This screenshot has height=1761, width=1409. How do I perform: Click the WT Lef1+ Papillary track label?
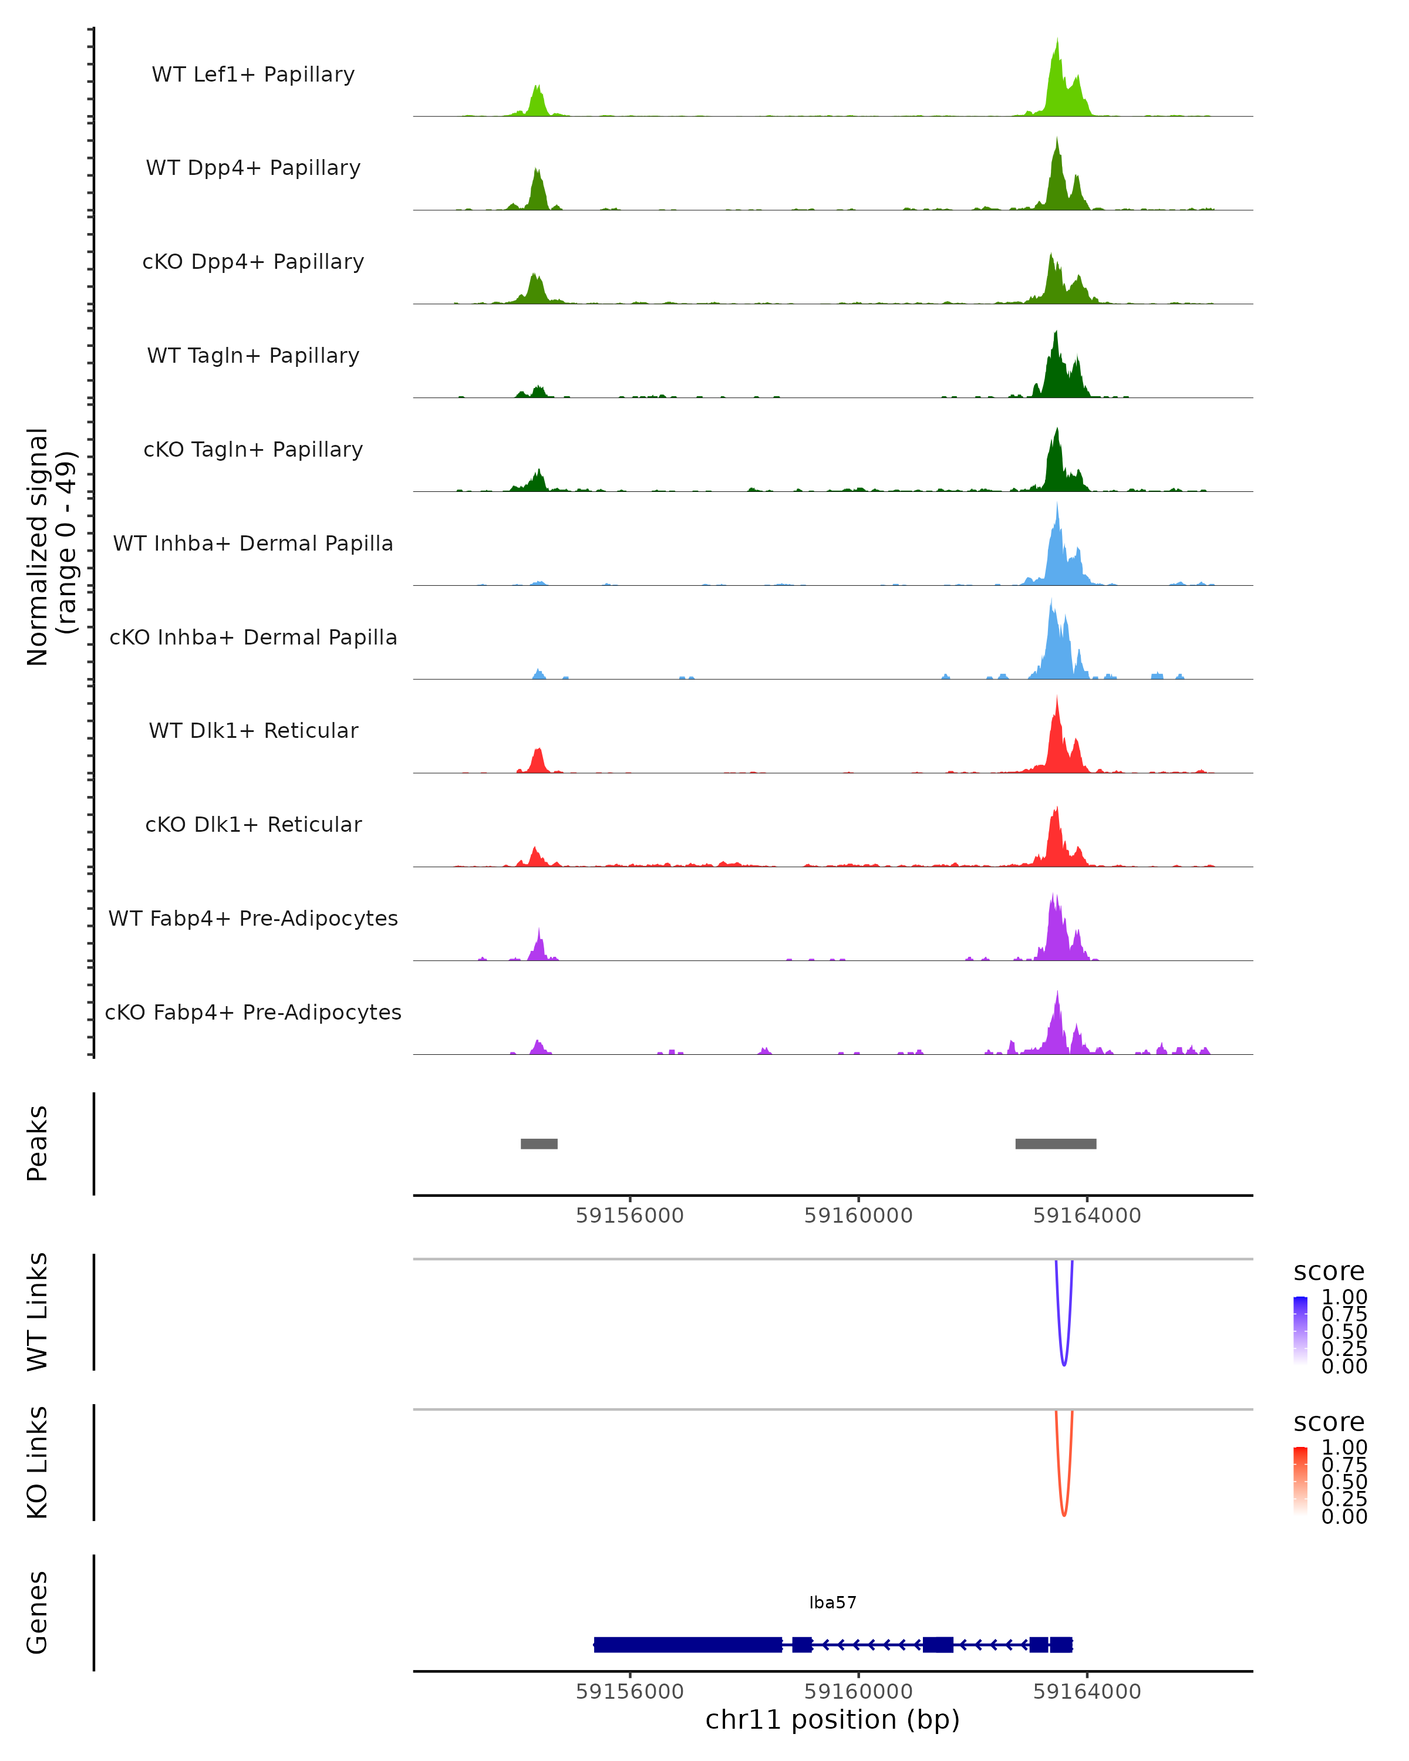pyautogui.click(x=253, y=75)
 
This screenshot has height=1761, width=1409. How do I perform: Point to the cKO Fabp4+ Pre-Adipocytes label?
pyautogui.click(x=253, y=1012)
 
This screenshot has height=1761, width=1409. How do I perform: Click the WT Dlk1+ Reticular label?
pyautogui.click(x=253, y=730)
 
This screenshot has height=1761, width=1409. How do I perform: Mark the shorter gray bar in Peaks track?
pyautogui.click(x=539, y=1143)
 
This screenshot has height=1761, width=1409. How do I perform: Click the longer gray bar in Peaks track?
pyautogui.click(x=1056, y=1143)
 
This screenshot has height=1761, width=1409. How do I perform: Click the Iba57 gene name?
pyautogui.click(x=832, y=1603)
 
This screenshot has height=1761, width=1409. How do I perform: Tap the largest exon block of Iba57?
pyautogui.click(x=687, y=1644)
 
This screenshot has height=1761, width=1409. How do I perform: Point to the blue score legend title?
pyautogui.click(x=1328, y=1272)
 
